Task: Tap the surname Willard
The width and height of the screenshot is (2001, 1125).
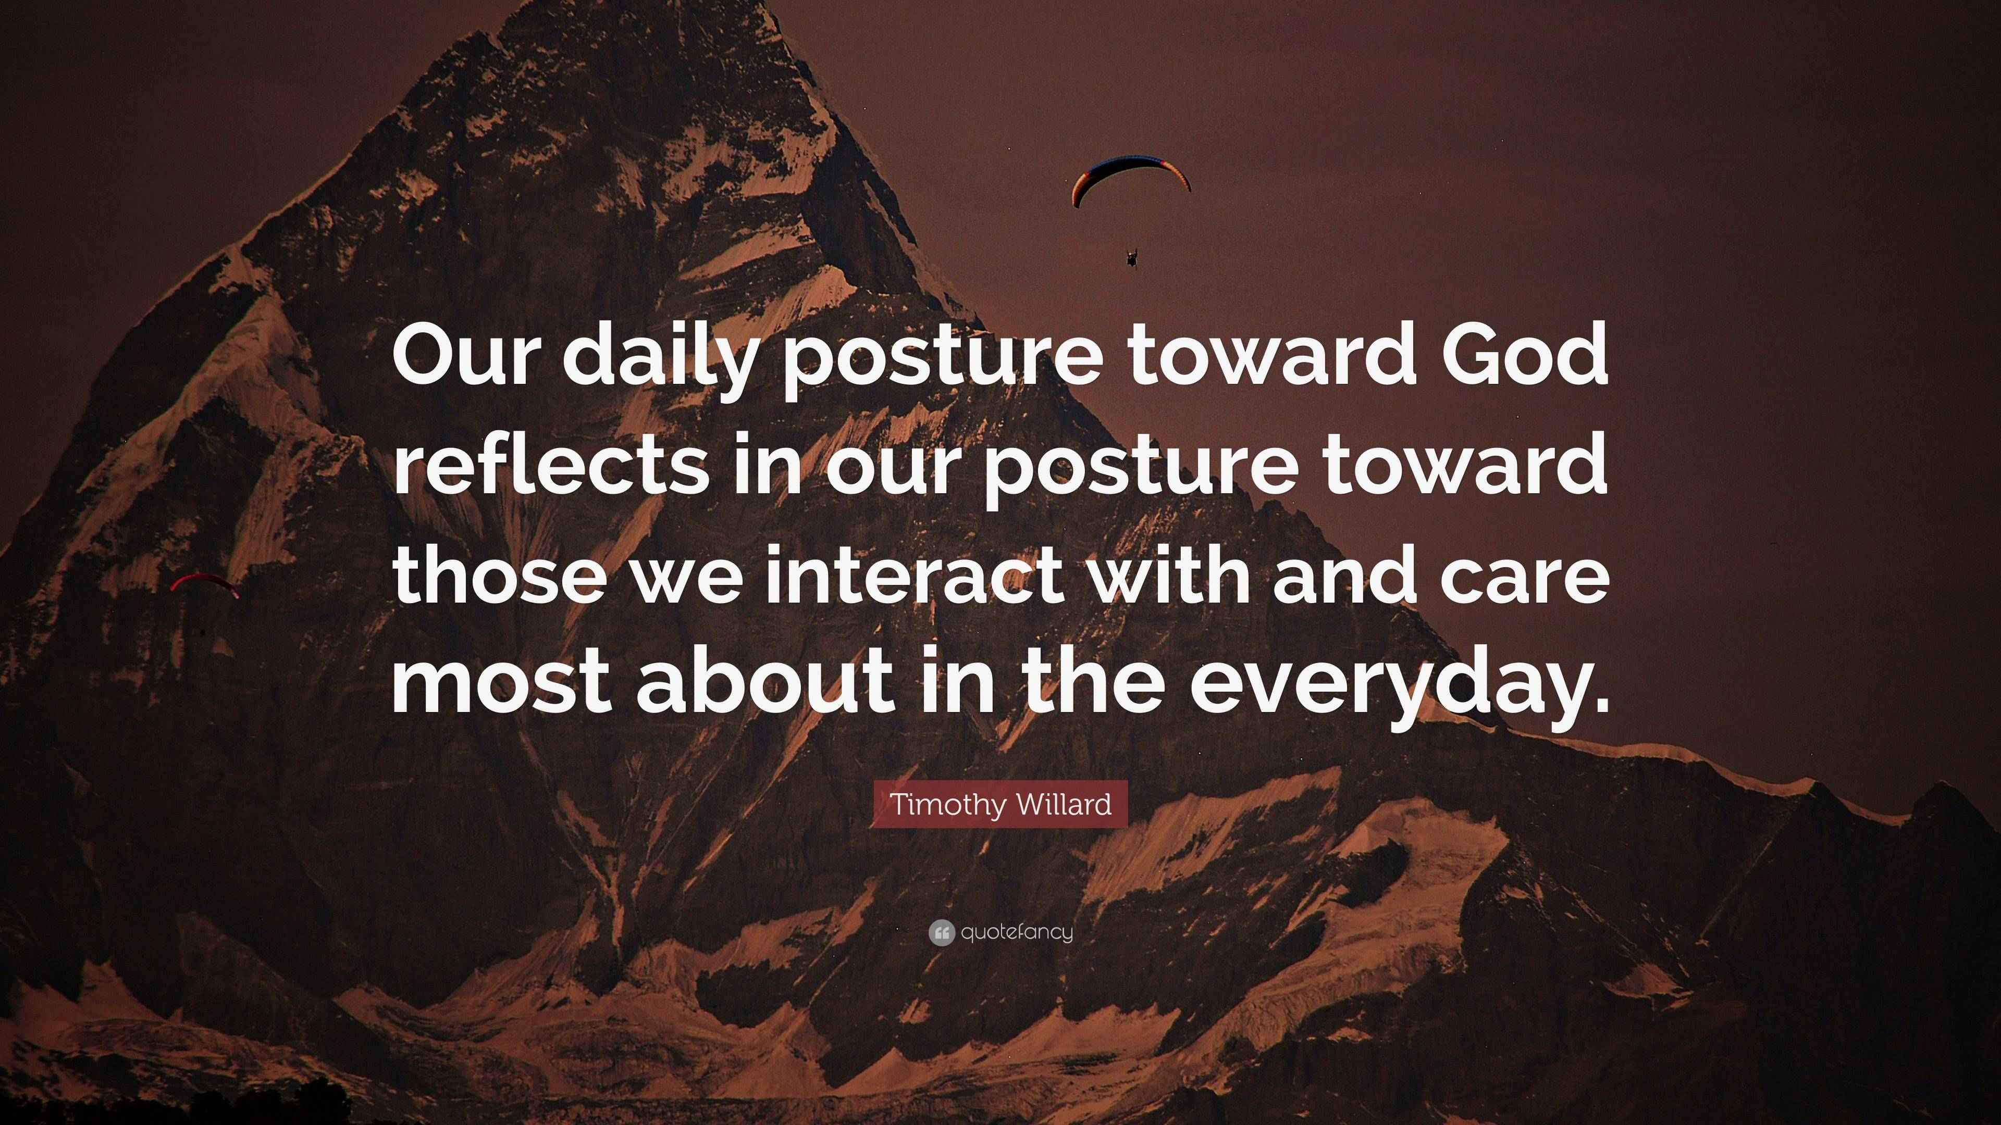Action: tap(1064, 804)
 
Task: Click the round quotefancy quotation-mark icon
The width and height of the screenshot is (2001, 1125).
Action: tap(941, 932)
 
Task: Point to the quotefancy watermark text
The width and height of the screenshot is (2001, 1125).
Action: tap(1017, 932)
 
